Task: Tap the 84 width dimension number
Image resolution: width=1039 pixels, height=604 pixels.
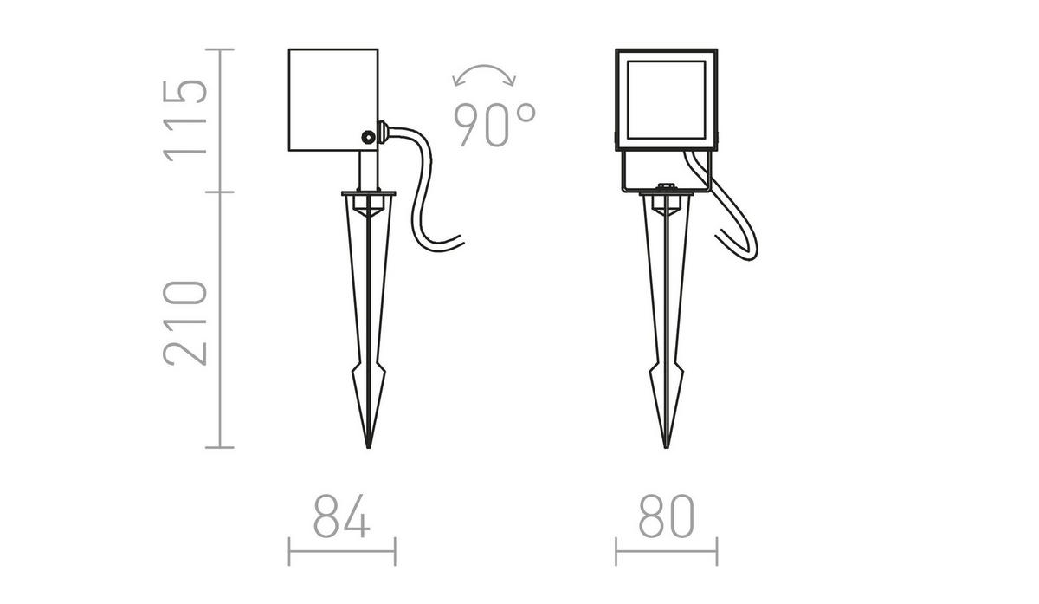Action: pyautogui.click(x=341, y=518)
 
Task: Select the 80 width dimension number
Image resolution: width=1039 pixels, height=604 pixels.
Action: pyautogui.click(x=667, y=518)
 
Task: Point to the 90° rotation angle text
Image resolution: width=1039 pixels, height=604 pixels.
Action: pyautogui.click(x=494, y=124)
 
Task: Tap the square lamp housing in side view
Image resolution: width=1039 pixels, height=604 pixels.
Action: pyautogui.click(x=332, y=97)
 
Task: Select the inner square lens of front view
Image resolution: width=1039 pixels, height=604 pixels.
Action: pyautogui.click(x=667, y=97)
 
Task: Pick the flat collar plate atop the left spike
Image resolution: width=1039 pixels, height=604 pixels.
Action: pyautogui.click(x=369, y=193)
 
